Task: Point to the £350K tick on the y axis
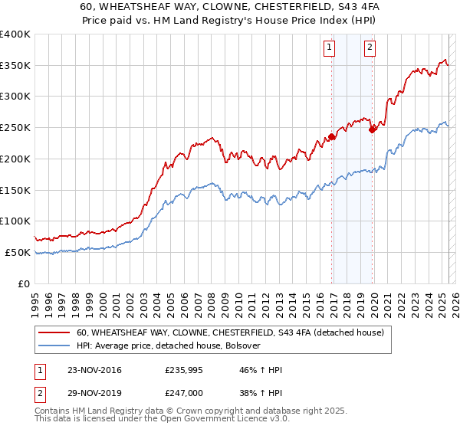point(15,66)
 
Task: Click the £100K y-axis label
point(15,221)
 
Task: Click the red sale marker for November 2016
point(332,137)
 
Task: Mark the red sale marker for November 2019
point(373,129)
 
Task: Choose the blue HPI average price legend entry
point(169,346)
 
